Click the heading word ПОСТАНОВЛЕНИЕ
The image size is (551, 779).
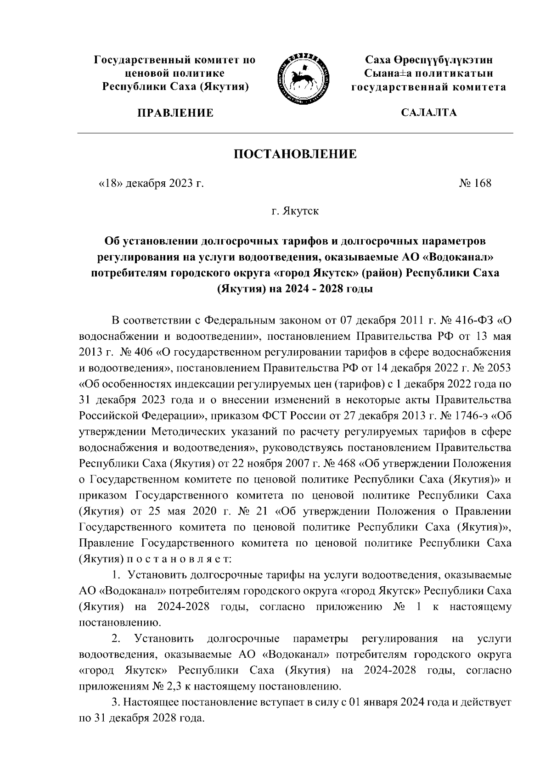pos(295,154)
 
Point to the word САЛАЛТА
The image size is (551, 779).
pos(429,113)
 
